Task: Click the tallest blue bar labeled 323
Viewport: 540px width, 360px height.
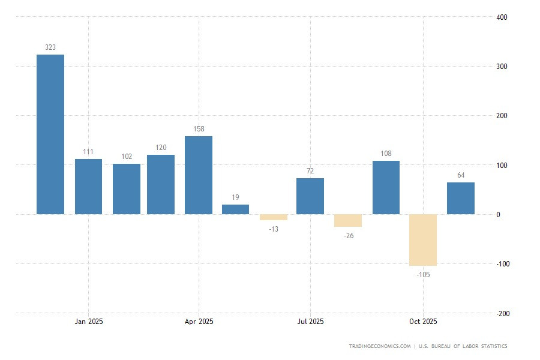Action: point(50,134)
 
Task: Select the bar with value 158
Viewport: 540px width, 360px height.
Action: point(199,175)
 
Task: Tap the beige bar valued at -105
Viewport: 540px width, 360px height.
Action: point(423,240)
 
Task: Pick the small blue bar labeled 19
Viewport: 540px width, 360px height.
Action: point(235,209)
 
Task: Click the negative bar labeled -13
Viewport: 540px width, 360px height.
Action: point(273,217)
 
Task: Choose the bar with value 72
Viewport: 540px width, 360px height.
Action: point(310,196)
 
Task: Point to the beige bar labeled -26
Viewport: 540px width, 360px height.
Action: point(348,220)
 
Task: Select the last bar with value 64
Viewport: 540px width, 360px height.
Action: point(461,198)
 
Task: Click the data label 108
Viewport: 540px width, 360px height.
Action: point(386,154)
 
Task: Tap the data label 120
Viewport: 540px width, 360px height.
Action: point(161,148)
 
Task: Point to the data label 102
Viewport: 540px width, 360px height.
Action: point(127,157)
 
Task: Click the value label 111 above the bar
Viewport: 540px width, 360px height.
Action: point(88,152)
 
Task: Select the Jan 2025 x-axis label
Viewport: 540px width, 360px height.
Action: point(89,322)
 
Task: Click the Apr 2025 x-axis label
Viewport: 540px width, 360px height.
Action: point(199,322)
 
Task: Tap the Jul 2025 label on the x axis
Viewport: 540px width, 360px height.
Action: point(310,322)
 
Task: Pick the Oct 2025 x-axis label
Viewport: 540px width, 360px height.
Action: point(423,322)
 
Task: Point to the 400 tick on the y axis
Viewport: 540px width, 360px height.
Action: point(502,17)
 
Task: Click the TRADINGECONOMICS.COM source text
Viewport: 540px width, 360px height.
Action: point(380,346)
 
